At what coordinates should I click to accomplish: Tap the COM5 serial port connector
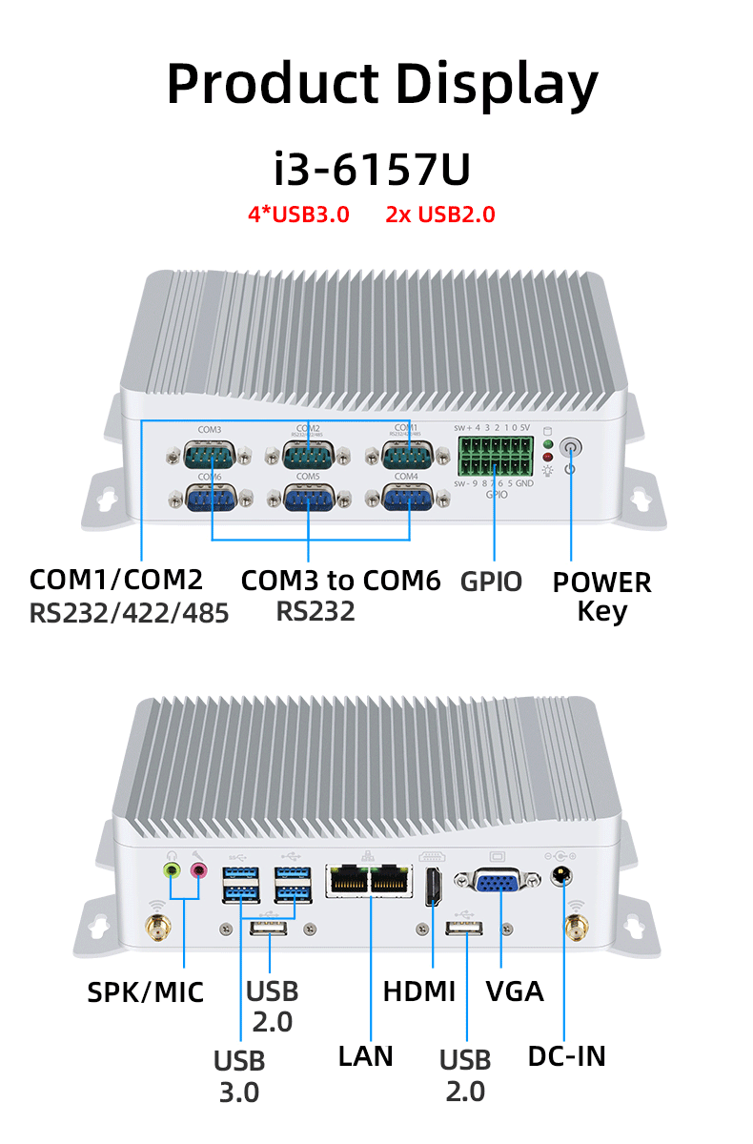pyautogui.click(x=309, y=500)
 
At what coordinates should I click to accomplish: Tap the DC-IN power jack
pyautogui.click(x=563, y=874)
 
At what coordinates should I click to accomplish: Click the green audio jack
pyautogui.click(x=173, y=869)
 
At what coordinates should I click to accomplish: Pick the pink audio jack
pyautogui.click(x=199, y=869)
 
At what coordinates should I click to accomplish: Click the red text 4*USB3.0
pyautogui.click(x=298, y=214)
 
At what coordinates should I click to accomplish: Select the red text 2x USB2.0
pyautogui.click(x=440, y=214)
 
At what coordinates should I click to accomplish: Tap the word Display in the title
pyautogui.click(x=498, y=84)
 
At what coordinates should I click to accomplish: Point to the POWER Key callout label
pyautogui.click(x=601, y=596)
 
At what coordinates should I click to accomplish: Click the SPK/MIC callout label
pyautogui.click(x=146, y=991)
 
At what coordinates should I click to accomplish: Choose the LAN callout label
pyautogui.click(x=366, y=1055)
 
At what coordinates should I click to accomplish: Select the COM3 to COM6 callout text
pyautogui.click(x=340, y=580)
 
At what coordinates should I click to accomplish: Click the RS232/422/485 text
pyautogui.click(x=130, y=613)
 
